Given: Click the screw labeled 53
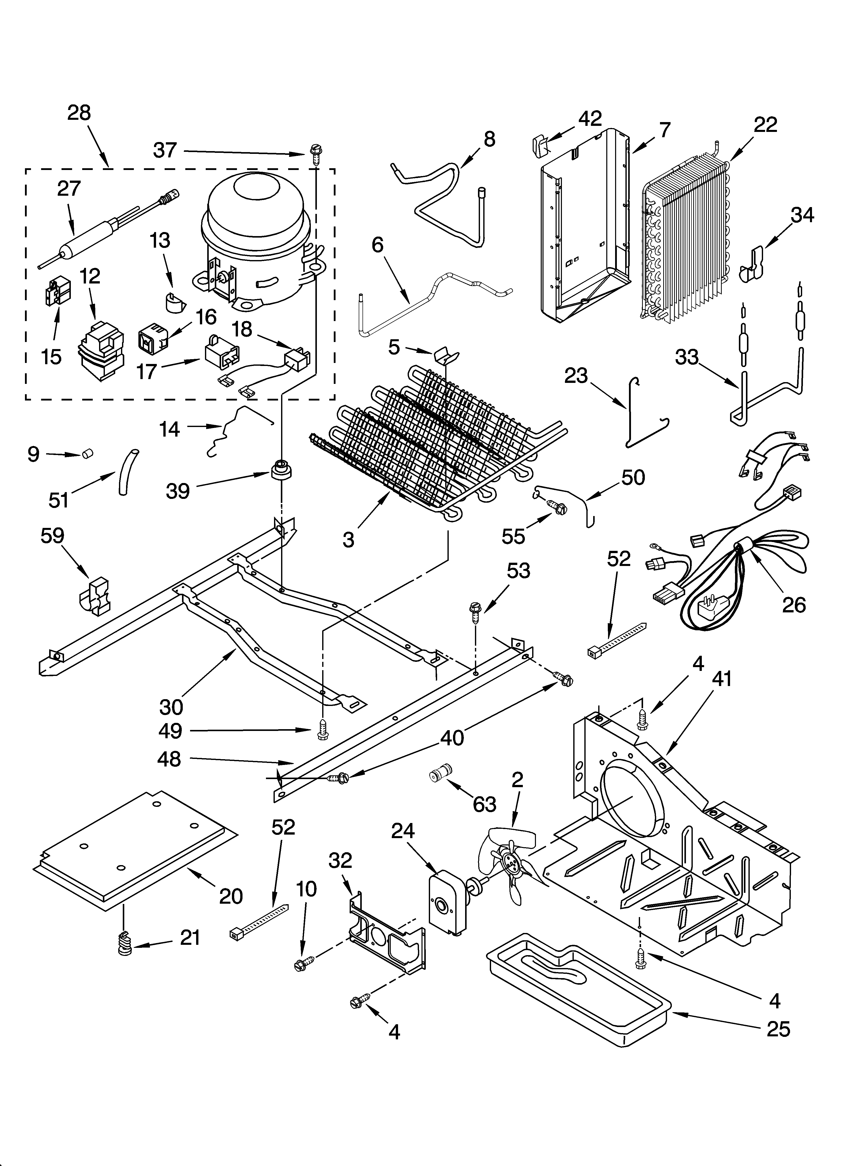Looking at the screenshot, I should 474,612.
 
